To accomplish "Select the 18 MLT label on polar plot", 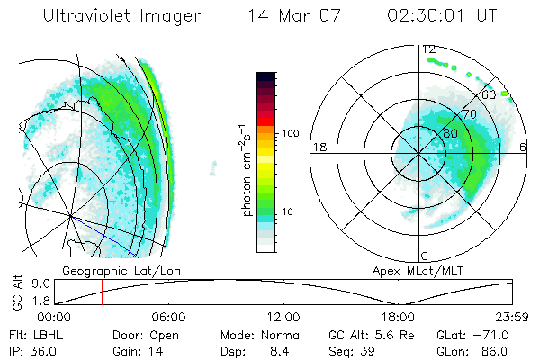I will click(318, 146).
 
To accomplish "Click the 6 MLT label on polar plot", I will click(523, 146).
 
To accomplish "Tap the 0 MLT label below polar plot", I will click(425, 256).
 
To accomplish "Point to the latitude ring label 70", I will click(469, 114).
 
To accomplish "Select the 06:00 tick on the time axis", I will click(169, 317).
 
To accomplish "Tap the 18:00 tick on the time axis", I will click(398, 317).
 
